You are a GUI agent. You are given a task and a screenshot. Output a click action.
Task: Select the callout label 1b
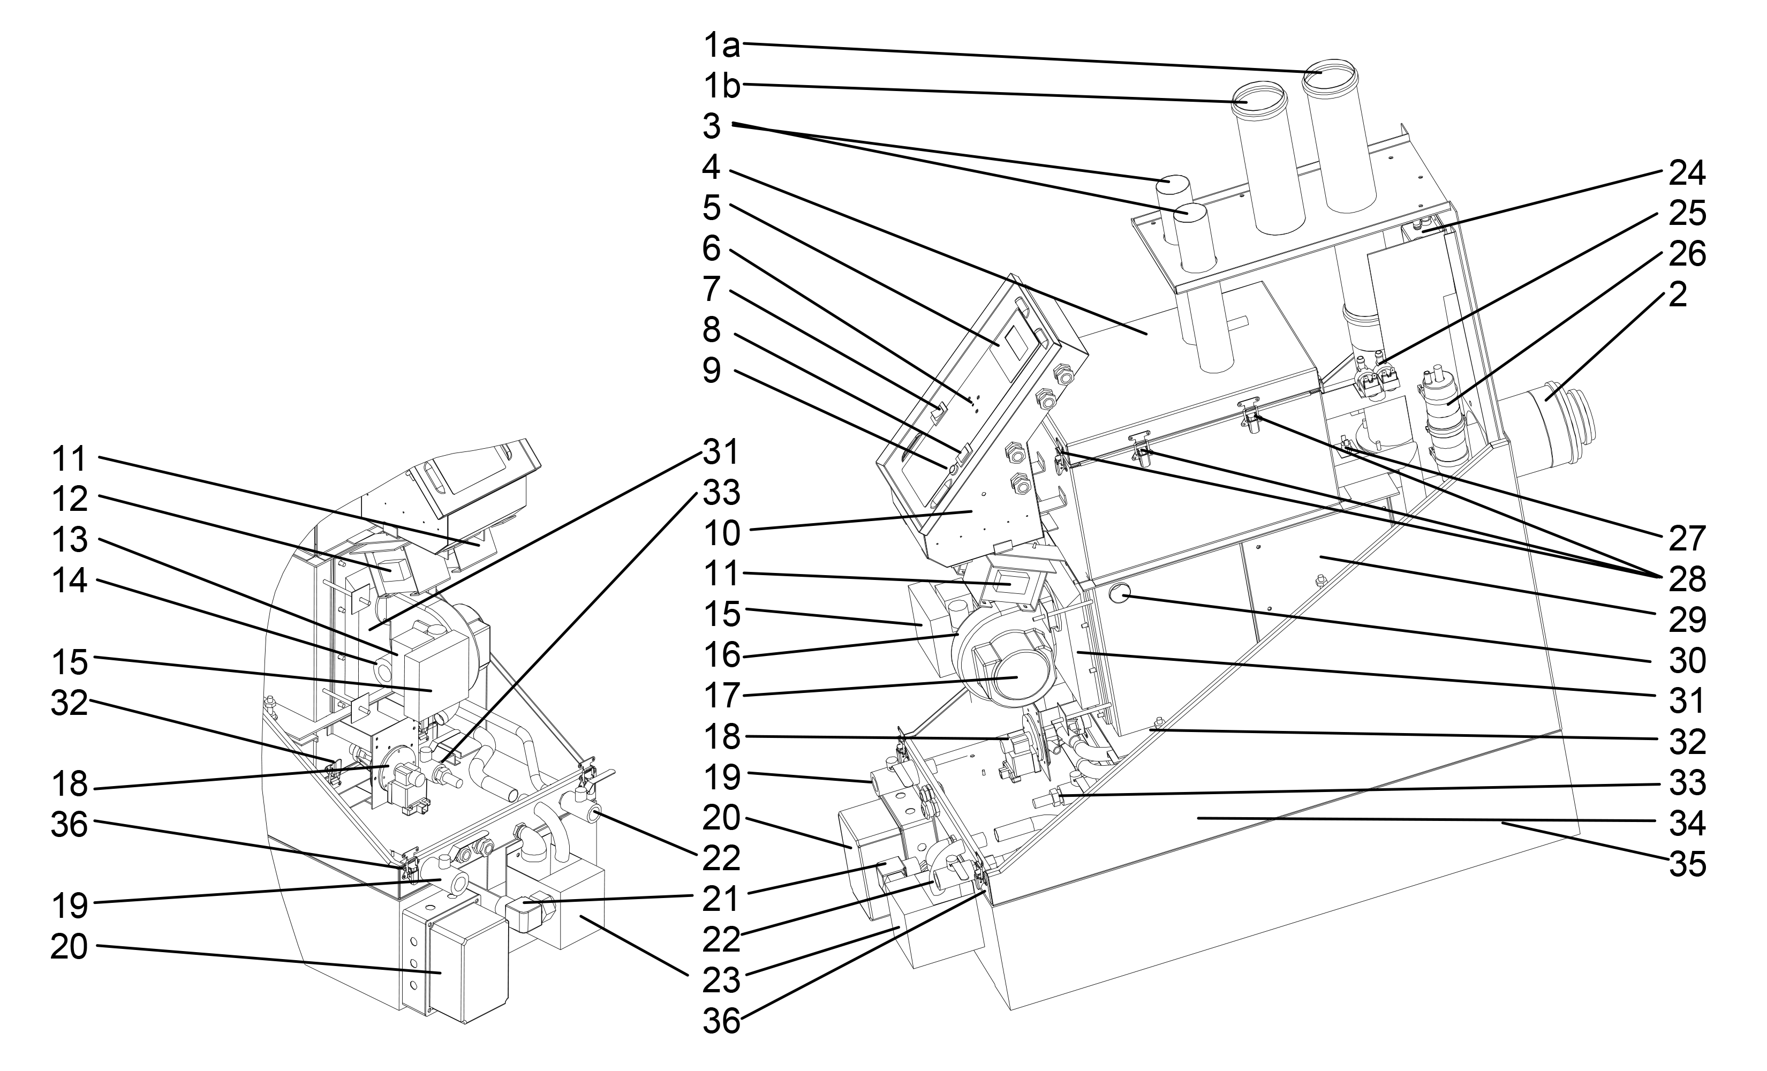point(720,86)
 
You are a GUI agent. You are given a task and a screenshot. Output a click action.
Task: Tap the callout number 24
point(1687,173)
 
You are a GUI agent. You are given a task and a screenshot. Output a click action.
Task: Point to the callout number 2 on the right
point(1678,294)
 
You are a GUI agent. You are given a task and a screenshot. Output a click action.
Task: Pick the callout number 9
point(712,371)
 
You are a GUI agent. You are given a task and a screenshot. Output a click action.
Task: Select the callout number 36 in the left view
point(70,825)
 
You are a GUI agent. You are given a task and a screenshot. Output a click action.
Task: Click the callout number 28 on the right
point(1687,579)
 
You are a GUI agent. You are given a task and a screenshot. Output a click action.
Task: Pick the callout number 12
point(70,499)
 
